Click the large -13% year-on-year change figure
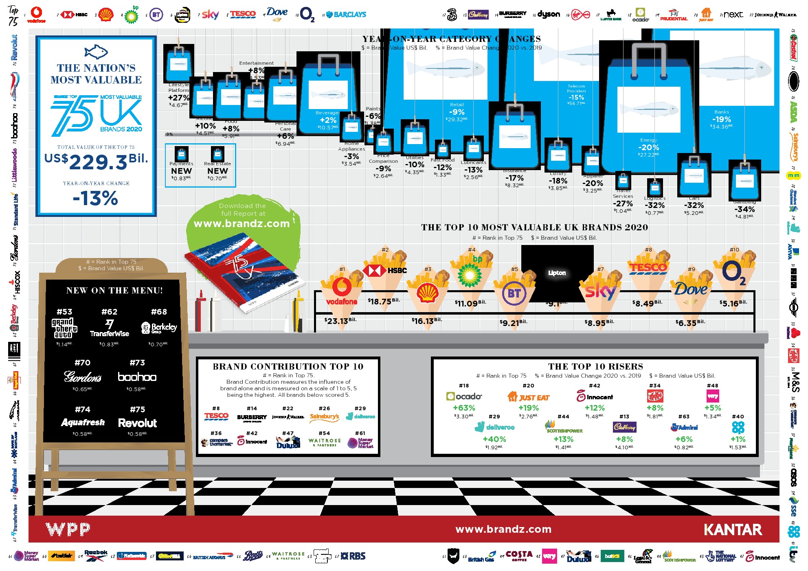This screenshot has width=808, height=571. click(95, 199)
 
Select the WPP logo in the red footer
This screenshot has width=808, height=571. click(68, 529)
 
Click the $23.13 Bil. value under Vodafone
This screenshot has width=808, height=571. click(340, 321)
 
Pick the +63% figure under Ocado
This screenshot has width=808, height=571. click(464, 408)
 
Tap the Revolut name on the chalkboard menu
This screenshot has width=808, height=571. click(137, 423)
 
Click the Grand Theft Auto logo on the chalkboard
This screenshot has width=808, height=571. click(64, 328)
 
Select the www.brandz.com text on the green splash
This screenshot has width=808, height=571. click(242, 223)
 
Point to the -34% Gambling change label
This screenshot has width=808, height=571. click(744, 209)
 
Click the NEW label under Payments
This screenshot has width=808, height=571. click(181, 171)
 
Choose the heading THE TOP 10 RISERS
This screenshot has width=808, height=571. click(595, 366)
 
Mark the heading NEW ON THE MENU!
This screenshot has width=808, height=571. click(114, 290)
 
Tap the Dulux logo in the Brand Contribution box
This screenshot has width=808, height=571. click(288, 442)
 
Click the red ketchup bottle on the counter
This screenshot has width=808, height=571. click(200, 311)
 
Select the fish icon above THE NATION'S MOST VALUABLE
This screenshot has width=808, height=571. click(96, 52)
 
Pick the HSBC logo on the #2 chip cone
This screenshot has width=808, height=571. click(384, 270)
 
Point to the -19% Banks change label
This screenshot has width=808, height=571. click(721, 119)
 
